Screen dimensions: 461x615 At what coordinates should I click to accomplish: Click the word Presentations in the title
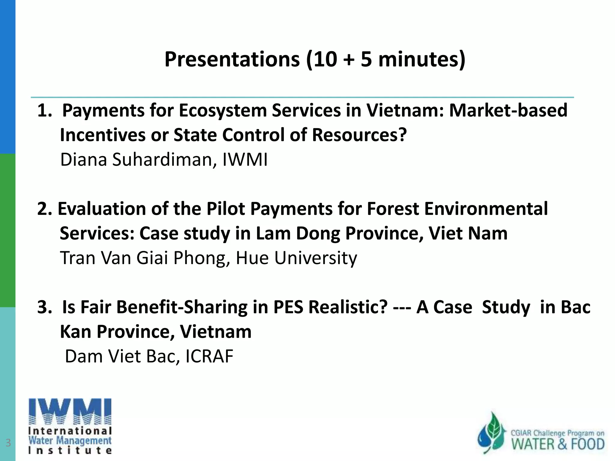point(232,59)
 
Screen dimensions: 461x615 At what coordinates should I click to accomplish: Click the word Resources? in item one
point(359,135)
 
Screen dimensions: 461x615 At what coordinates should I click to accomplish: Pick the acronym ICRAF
point(209,357)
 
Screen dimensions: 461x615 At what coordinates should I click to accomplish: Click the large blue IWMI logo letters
point(70,411)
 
